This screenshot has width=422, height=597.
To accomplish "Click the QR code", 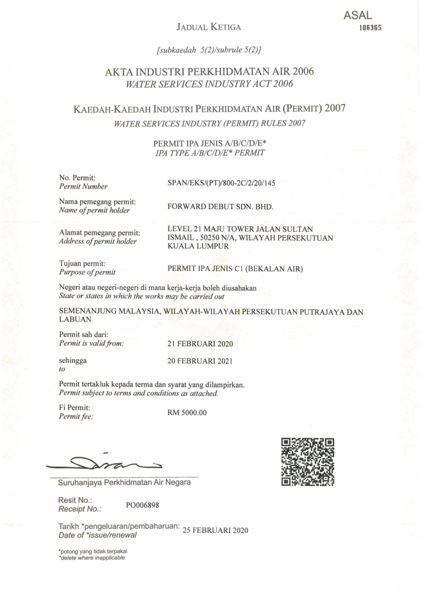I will pyautogui.click(x=308, y=462).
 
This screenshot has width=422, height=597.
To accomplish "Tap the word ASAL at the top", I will pyautogui.click(x=358, y=16).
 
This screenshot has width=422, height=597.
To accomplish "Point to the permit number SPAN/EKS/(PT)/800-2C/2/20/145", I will pyautogui.click(x=221, y=182).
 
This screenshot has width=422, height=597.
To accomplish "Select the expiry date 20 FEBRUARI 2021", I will pyautogui.click(x=199, y=361).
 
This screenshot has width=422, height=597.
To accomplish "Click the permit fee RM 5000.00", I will pyautogui.click(x=187, y=413).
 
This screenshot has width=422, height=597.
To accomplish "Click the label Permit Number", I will pyautogui.click(x=83, y=187).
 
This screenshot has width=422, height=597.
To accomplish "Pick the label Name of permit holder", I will pyautogui.click(x=94, y=210).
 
